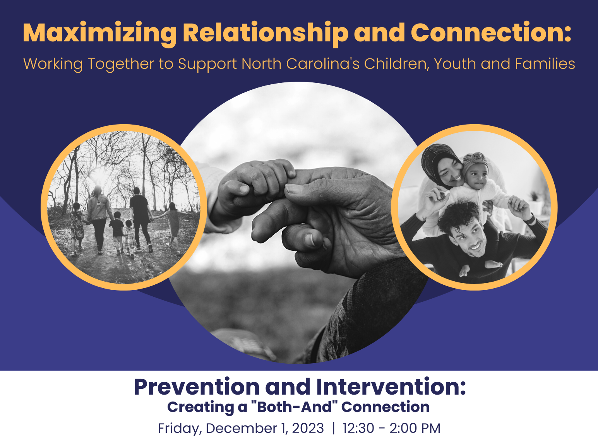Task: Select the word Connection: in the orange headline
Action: pyautogui.click(x=491, y=33)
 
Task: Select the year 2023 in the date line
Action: pyautogui.click(x=308, y=428)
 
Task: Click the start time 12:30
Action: pyautogui.click(x=358, y=428)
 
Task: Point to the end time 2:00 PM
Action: pyautogui.click(x=415, y=428)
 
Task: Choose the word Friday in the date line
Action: pyautogui.click(x=179, y=428)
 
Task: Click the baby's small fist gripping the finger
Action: pyautogui.click(x=255, y=182)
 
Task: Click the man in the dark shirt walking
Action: pyautogui.click(x=139, y=217)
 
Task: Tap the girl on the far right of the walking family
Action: pyautogui.click(x=172, y=224)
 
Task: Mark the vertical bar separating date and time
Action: pyautogui.click(x=333, y=428)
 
